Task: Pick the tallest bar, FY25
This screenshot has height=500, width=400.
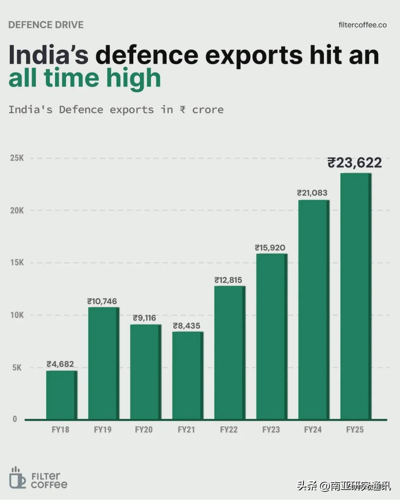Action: (x=356, y=296)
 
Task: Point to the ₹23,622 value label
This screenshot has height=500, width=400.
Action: (x=354, y=163)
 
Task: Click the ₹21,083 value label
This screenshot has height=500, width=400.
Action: (x=312, y=193)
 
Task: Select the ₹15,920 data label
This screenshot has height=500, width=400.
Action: (x=270, y=248)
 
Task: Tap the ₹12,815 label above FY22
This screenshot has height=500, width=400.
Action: (x=228, y=280)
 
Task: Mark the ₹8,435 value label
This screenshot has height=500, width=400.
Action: (x=187, y=326)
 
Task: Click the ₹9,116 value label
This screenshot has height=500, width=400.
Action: (x=144, y=318)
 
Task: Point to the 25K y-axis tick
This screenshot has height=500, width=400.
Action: (x=17, y=158)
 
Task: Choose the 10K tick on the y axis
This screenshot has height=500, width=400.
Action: (x=17, y=315)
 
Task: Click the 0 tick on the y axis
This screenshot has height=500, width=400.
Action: (x=15, y=419)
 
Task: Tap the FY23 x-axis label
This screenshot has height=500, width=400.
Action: (x=271, y=430)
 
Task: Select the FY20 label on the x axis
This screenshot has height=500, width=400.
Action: (x=144, y=430)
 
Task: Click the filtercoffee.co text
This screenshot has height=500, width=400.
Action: (x=362, y=25)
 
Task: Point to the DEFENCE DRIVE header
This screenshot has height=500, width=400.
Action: (x=46, y=25)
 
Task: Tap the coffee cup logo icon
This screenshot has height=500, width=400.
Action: (x=17, y=478)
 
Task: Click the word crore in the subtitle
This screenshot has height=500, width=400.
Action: (x=208, y=110)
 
